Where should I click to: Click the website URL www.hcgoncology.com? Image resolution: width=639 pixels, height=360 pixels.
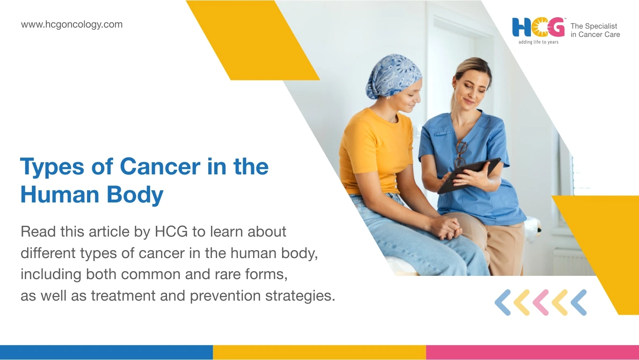point(72,25)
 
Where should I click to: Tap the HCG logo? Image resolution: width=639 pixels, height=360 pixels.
point(538,28)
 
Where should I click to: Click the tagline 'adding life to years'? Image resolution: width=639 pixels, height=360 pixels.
point(538,42)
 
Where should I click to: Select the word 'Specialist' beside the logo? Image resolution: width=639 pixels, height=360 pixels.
point(601,26)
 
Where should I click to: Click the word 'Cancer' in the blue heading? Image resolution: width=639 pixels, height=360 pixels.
point(160,166)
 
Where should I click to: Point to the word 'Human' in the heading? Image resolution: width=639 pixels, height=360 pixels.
point(59,194)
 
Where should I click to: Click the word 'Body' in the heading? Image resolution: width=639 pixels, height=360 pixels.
point(135,195)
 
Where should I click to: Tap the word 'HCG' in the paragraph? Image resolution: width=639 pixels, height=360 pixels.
point(171,231)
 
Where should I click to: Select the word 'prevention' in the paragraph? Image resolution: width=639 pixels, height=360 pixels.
point(225,295)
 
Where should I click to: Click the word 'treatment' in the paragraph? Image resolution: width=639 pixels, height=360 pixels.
point(123,295)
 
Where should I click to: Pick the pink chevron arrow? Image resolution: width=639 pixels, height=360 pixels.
point(541,302)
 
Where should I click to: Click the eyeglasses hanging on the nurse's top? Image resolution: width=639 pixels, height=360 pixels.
point(460,154)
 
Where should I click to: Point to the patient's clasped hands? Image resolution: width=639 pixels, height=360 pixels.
point(447,228)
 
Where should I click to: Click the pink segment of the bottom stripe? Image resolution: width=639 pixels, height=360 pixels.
point(532,353)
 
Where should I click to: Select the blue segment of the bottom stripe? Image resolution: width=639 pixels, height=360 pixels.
point(106,353)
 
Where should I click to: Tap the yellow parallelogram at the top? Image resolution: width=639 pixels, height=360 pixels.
point(253,40)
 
